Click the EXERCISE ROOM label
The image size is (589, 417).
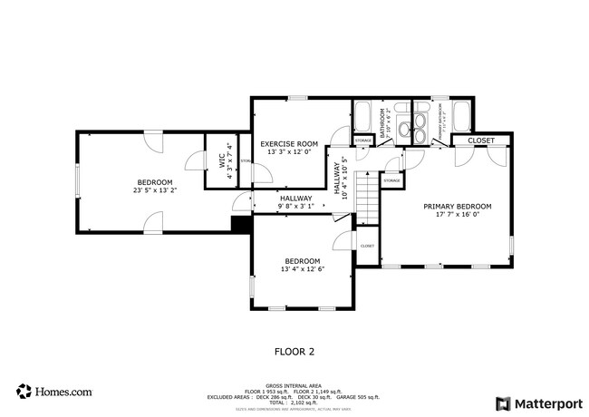[289, 143]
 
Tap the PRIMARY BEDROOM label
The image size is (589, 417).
[457, 206]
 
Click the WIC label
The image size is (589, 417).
[220, 161]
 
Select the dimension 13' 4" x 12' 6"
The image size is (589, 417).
[302, 269]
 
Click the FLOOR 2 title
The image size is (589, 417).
[294, 350]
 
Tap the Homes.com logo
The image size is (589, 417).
[54, 392]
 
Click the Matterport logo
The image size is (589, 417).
[536, 402]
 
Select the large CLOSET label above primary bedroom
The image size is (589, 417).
[480, 141]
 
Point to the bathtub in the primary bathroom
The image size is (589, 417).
[459, 117]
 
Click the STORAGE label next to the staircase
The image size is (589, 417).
[391, 181]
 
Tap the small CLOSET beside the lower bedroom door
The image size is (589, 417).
[367, 246]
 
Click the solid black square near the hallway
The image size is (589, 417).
[241, 225]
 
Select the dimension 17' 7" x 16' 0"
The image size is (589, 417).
[457, 215]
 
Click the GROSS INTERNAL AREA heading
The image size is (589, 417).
[294, 384]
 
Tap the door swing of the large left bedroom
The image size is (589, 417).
[193, 161]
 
